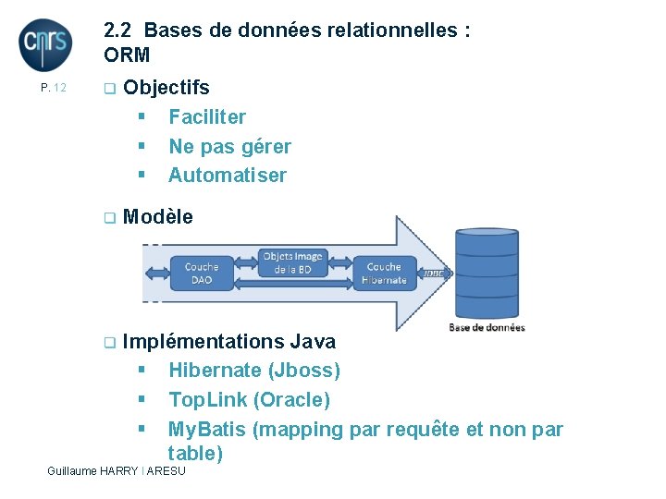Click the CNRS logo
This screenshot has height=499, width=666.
tap(45, 43)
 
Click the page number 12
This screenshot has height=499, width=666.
tap(54, 88)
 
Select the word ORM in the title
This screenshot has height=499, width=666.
tap(127, 55)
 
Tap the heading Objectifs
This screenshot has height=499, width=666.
tap(166, 88)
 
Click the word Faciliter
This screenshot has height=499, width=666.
tap(207, 117)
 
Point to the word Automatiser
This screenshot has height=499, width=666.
tap(228, 176)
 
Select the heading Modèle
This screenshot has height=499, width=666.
tap(157, 217)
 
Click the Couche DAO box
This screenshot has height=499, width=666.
tap(201, 274)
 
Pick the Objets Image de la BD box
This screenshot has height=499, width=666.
tap(292, 262)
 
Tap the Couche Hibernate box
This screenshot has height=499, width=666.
tap(384, 274)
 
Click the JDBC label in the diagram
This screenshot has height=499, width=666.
tap(432, 274)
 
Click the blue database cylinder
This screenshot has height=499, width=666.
tap(486, 273)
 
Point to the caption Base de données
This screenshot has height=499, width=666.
tap(487, 327)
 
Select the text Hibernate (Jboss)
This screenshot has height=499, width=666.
tap(254, 371)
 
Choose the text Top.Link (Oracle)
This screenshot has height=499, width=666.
tap(249, 400)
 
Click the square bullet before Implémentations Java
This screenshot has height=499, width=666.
tap(109, 343)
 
